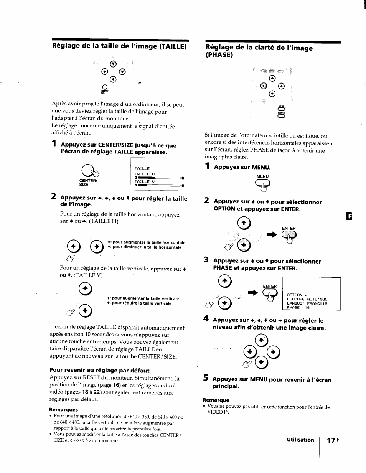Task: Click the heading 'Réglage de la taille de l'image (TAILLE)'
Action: click(x=119, y=47)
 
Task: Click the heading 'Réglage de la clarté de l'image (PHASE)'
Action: click(x=259, y=51)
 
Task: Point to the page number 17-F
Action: click(x=334, y=440)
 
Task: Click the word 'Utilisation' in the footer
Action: click(x=300, y=440)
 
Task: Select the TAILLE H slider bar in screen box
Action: click(x=159, y=178)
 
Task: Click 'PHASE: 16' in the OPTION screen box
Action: click(x=298, y=307)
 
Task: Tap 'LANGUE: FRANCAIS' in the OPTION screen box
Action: click(x=307, y=303)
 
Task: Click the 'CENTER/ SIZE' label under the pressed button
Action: click(x=85, y=182)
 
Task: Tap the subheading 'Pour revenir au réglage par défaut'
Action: click(x=99, y=371)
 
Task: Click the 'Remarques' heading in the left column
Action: click(x=63, y=409)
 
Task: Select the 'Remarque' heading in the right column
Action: click(x=216, y=400)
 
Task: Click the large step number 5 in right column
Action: click(x=206, y=379)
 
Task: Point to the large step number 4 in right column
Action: click(x=206, y=319)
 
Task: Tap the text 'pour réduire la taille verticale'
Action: click(x=141, y=303)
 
